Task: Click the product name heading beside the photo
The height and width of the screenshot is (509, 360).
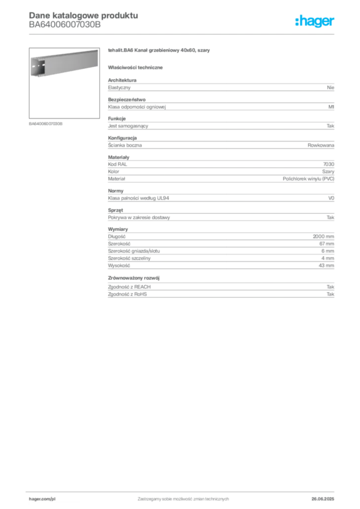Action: [x=159, y=51]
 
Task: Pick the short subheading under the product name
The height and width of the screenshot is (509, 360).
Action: [x=137, y=67]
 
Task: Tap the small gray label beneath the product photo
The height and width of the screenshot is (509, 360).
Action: [x=46, y=124]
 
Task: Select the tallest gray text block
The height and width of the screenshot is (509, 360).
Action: [x=220, y=249]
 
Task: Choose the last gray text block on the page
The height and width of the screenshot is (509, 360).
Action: [x=220, y=288]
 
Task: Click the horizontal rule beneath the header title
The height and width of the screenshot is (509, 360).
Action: [x=183, y=34]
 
